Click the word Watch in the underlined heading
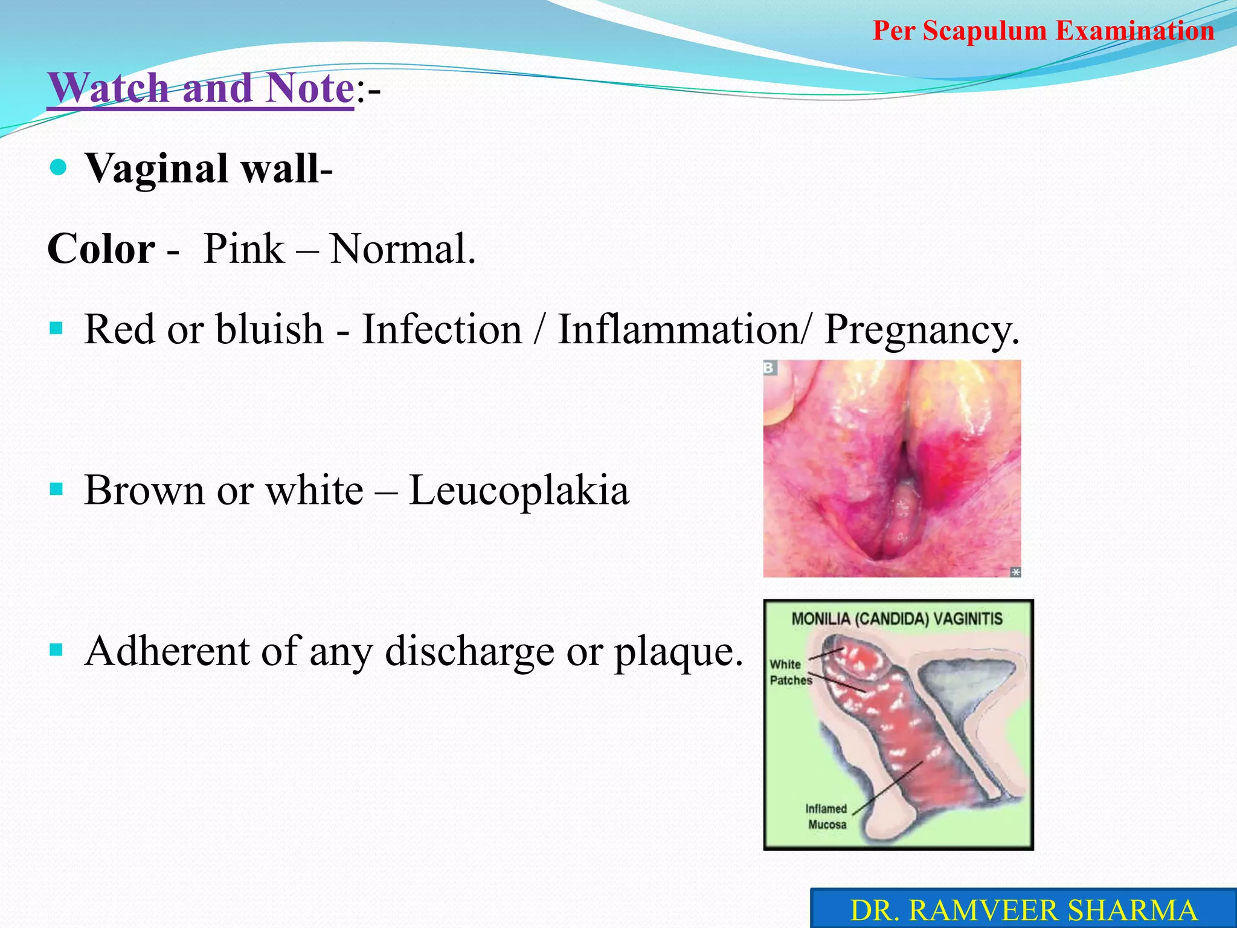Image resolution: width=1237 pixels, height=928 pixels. [x=109, y=88]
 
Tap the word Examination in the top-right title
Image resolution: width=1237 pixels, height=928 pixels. [x=1135, y=31]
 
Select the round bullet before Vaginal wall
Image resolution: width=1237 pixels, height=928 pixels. [x=58, y=167]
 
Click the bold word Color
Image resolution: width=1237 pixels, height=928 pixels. [x=101, y=249]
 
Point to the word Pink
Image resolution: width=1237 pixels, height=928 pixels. [x=243, y=249]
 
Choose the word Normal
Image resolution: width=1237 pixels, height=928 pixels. [x=402, y=249]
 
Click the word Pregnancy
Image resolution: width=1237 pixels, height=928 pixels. [x=922, y=330]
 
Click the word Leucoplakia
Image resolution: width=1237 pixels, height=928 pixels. [x=519, y=490]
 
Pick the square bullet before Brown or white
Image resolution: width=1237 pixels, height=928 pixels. [x=57, y=489]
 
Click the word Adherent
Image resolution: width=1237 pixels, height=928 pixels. [x=167, y=651]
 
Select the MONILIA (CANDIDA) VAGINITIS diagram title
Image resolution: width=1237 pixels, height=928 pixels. [x=897, y=619]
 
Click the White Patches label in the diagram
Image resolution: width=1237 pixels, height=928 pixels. [x=789, y=672]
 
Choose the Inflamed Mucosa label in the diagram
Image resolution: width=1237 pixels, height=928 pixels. [x=826, y=816]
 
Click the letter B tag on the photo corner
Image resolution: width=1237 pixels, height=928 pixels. [x=770, y=367]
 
